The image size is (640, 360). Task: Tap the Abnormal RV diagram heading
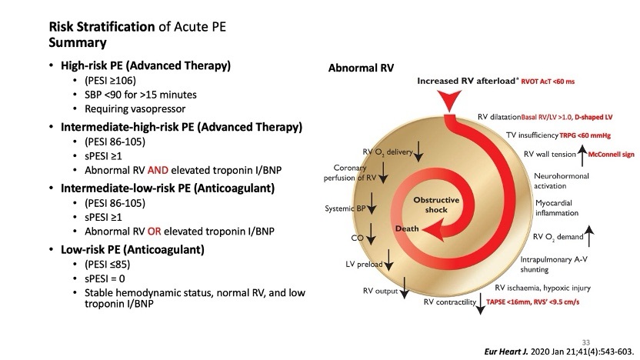pos(362,68)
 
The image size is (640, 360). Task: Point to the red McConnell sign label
pos(611,155)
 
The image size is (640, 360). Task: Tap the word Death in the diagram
pos(407,229)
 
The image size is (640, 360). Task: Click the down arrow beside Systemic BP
pos(372,202)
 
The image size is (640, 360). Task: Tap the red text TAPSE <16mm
pos(510,302)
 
